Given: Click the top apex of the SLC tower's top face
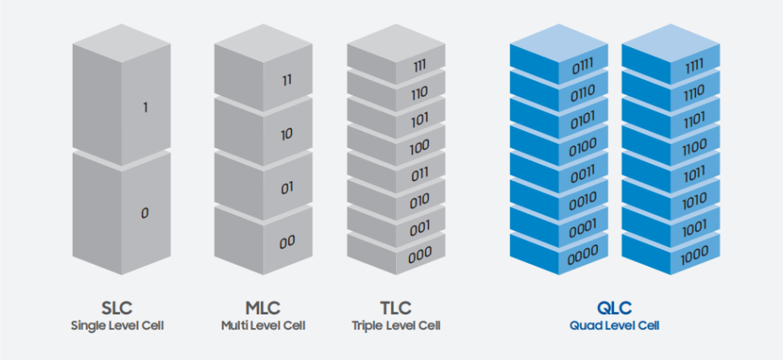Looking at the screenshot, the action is tap(122, 24).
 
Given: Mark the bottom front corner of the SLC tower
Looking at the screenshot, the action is tap(122, 275).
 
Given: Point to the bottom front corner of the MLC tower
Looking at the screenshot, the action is tap(264, 275).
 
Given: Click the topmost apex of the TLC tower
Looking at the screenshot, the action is tap(396, 24).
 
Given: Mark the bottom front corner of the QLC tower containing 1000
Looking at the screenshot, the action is tap(671, 275).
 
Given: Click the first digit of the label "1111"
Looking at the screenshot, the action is tap(688, 68).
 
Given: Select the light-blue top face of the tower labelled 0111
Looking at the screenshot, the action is tap(559, 43).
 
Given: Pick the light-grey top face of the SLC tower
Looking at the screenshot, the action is tap(122, 43).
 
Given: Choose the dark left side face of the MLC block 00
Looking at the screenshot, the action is tap(239, 240).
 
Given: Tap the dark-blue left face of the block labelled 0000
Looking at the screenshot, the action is tap(535, 254).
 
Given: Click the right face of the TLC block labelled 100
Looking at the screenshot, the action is tap(421, 145).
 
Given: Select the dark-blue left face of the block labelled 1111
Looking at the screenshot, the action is tap(646, 64).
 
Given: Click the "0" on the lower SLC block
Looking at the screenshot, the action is tap(144, 213).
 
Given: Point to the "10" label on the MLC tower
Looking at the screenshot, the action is tap(286, 134).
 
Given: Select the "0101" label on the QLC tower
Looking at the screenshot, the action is tap(582, 120).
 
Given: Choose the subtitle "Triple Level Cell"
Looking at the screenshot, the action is tap(396, 326).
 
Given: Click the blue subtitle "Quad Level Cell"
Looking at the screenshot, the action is tap(614, 326).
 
